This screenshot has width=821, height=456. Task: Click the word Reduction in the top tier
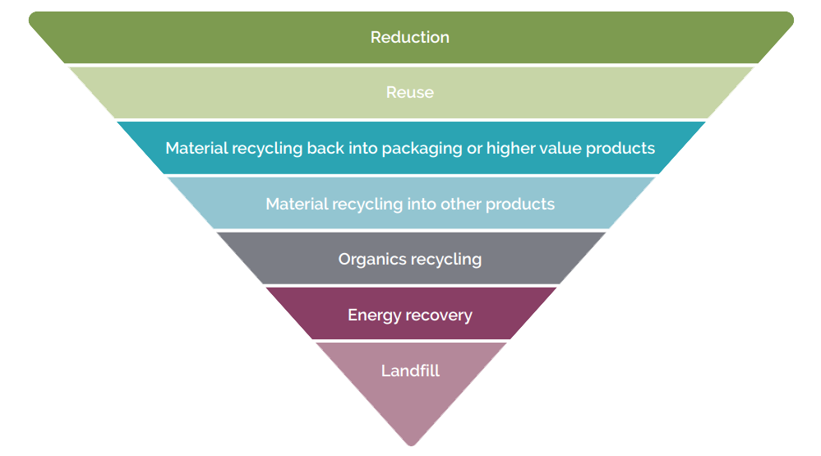(x=410, y=37)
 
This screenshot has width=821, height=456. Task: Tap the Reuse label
(x=410, y=92)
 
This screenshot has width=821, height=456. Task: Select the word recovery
(x=439, y=316)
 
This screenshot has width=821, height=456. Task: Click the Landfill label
(x=411, y=371)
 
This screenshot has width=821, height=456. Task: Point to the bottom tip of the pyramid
(x=412, y=445)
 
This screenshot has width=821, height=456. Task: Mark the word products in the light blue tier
(x=520, y=205)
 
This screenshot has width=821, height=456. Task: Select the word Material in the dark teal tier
(x=197, y=148)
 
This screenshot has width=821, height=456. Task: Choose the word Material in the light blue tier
(x=297, y=204)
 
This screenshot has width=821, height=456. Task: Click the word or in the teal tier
(x=474, y=150)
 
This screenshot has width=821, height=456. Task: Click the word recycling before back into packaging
(x=267, y=149)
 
